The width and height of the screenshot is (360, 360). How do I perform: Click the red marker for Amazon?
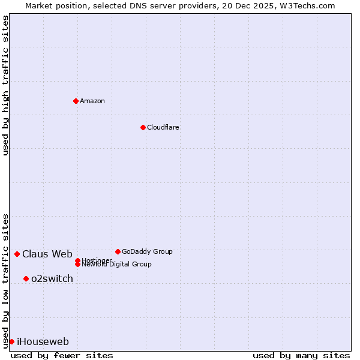(x=76, y=101)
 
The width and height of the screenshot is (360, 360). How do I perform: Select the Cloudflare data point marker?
(x=143, y=127)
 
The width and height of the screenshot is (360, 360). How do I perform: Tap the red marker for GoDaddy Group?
(x=118, y=251)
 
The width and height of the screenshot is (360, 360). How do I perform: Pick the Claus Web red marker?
(x=17, y=254)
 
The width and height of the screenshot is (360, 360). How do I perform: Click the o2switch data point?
(x=26, y=278)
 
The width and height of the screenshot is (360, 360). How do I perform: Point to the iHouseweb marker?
(x=11, y=341)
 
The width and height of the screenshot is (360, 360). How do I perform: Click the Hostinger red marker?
(x=77, y=260)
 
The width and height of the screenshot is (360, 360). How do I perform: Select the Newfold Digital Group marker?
(x=77, y=264)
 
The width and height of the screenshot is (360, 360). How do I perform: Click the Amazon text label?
(x=92, y=101)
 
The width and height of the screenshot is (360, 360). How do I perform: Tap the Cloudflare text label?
(x=163, y=127)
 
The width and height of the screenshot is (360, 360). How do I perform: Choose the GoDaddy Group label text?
(x=147, y=251)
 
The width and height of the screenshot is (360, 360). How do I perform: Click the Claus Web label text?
(x=47, y=254)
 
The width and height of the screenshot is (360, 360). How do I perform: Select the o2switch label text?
(x=52, y=278)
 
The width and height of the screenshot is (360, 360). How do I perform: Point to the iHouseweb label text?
(x=43, y=341)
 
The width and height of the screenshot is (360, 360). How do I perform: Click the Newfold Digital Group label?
(x=116, y=264)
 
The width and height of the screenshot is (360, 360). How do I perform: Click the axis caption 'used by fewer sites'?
(x=62, y=355)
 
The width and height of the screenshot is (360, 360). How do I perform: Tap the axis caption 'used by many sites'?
(x=301, y=355)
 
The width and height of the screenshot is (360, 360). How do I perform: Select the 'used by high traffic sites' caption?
(x=5, y=85)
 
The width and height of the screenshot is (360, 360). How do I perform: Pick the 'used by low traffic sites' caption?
(x=5, y=281)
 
